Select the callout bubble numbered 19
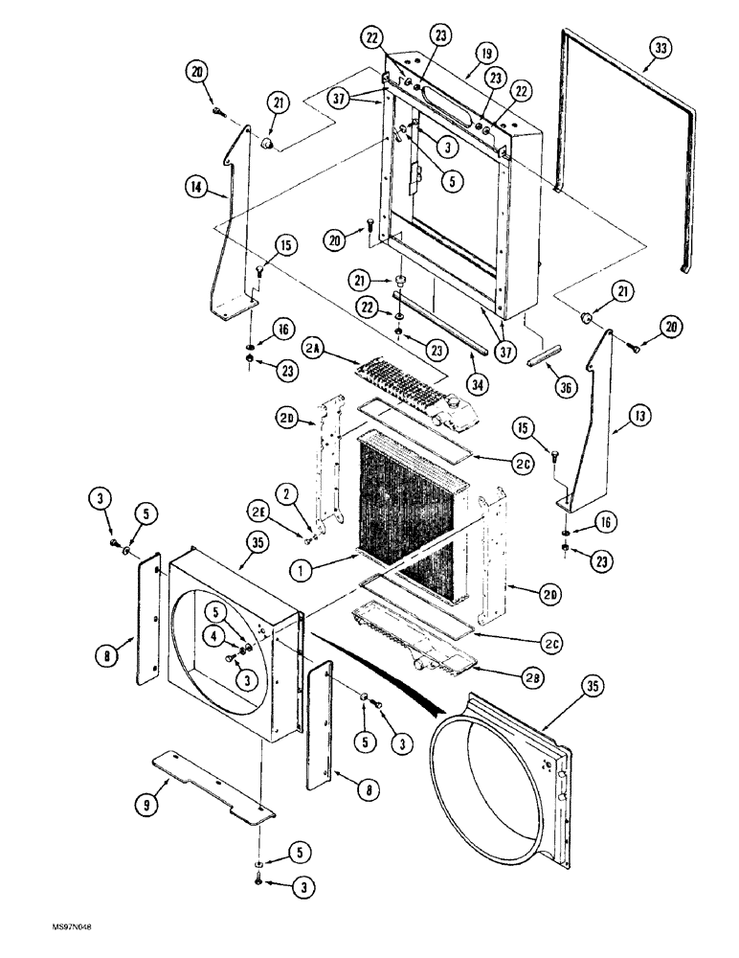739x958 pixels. click(x=485, y=56)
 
